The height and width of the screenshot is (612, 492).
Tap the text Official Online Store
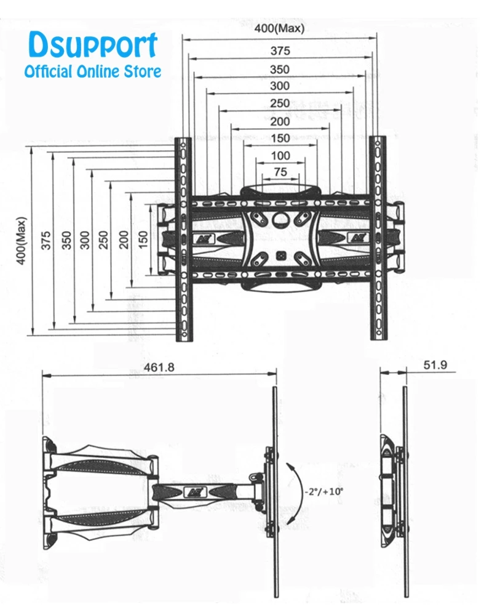92,71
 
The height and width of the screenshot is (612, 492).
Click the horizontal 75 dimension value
280,173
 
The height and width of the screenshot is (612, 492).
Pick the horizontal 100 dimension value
280,156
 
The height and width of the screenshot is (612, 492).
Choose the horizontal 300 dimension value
279,86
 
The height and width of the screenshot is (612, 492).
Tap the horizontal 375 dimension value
279,52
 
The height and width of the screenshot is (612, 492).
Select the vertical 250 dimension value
103,240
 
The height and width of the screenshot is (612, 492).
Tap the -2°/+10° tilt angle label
323,492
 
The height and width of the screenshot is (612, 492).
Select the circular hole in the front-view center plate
280,217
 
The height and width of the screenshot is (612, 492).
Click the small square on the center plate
280,252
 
